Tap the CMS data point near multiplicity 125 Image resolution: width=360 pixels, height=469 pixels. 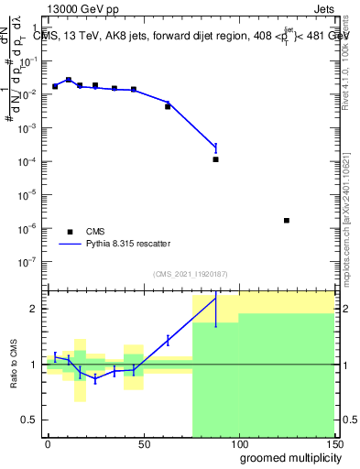pos(287,221)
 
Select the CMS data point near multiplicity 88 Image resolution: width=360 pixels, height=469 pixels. pos(216,159)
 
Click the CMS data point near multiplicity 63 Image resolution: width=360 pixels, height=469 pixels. pos(168,106)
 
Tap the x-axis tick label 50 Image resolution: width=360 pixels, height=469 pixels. pos(142,442)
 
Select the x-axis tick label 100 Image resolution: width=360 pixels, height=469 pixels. pos(238,442)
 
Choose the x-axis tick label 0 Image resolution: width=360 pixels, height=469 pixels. pos(48,442)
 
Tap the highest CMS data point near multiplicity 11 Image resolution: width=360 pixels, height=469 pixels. pos(69,81)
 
